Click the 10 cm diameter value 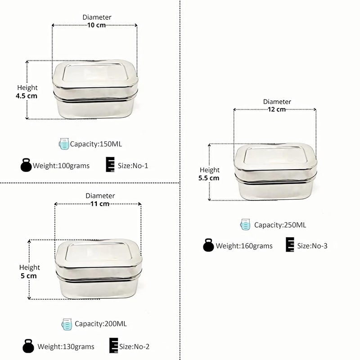click(x=96, y=25)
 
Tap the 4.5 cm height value click(x=27, y=96)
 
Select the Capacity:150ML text click(x=96, y=144)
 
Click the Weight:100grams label click(x=61, y=166)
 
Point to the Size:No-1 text click(x=133, y=166)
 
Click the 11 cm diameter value click(x=99, y=204)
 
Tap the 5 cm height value click(x=29, y=276)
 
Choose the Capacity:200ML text click(x=100, y=324)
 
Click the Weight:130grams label click(x=66, y=346)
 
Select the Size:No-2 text click(x=134, y=346)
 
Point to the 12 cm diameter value click(x=277, y=109)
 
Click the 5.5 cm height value click(x=209, y=178)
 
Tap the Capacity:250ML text click(x=280, y=225)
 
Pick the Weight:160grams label click(x=244, y=246)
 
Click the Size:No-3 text click(x=312, y=246)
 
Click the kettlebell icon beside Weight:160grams click(x=208, y=245)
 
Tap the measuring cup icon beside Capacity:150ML click(x=63, y=144)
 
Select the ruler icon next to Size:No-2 click(x=113, y=345)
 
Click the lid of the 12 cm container click(x=275, y=157)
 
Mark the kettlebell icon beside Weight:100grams click(x=26, y=165)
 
